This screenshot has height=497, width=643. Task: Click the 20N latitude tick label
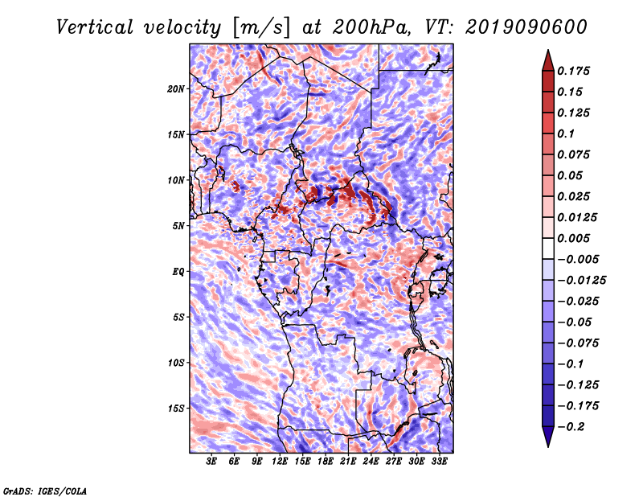coord(176,89)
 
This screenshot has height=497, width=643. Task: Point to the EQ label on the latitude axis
coord(178,272)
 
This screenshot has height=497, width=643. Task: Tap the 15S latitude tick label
coord(176,409)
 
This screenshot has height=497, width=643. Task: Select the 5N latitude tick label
coord(178,226)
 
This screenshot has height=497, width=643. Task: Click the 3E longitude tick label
coord(211,462)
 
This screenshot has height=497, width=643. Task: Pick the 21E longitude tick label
coord(348,462)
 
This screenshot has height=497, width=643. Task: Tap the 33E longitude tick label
coord(439,462)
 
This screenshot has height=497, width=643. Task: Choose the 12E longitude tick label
coord(280,462)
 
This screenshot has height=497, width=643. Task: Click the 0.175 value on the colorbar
coord(573,71)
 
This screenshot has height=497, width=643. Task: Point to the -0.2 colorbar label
coord(571,427)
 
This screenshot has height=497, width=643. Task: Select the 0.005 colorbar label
coord(573,238)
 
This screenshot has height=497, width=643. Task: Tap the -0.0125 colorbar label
coord(581,281)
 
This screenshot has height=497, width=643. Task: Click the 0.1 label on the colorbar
coord(566,133)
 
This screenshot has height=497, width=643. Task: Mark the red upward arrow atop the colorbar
coord(548,60)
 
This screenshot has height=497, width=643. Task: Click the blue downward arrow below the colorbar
coord(548,437)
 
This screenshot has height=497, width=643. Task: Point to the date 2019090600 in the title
coord(526,27)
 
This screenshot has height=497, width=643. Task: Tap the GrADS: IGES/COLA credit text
coord(45,491)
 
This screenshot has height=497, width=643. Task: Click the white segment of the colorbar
coord(548,249)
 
